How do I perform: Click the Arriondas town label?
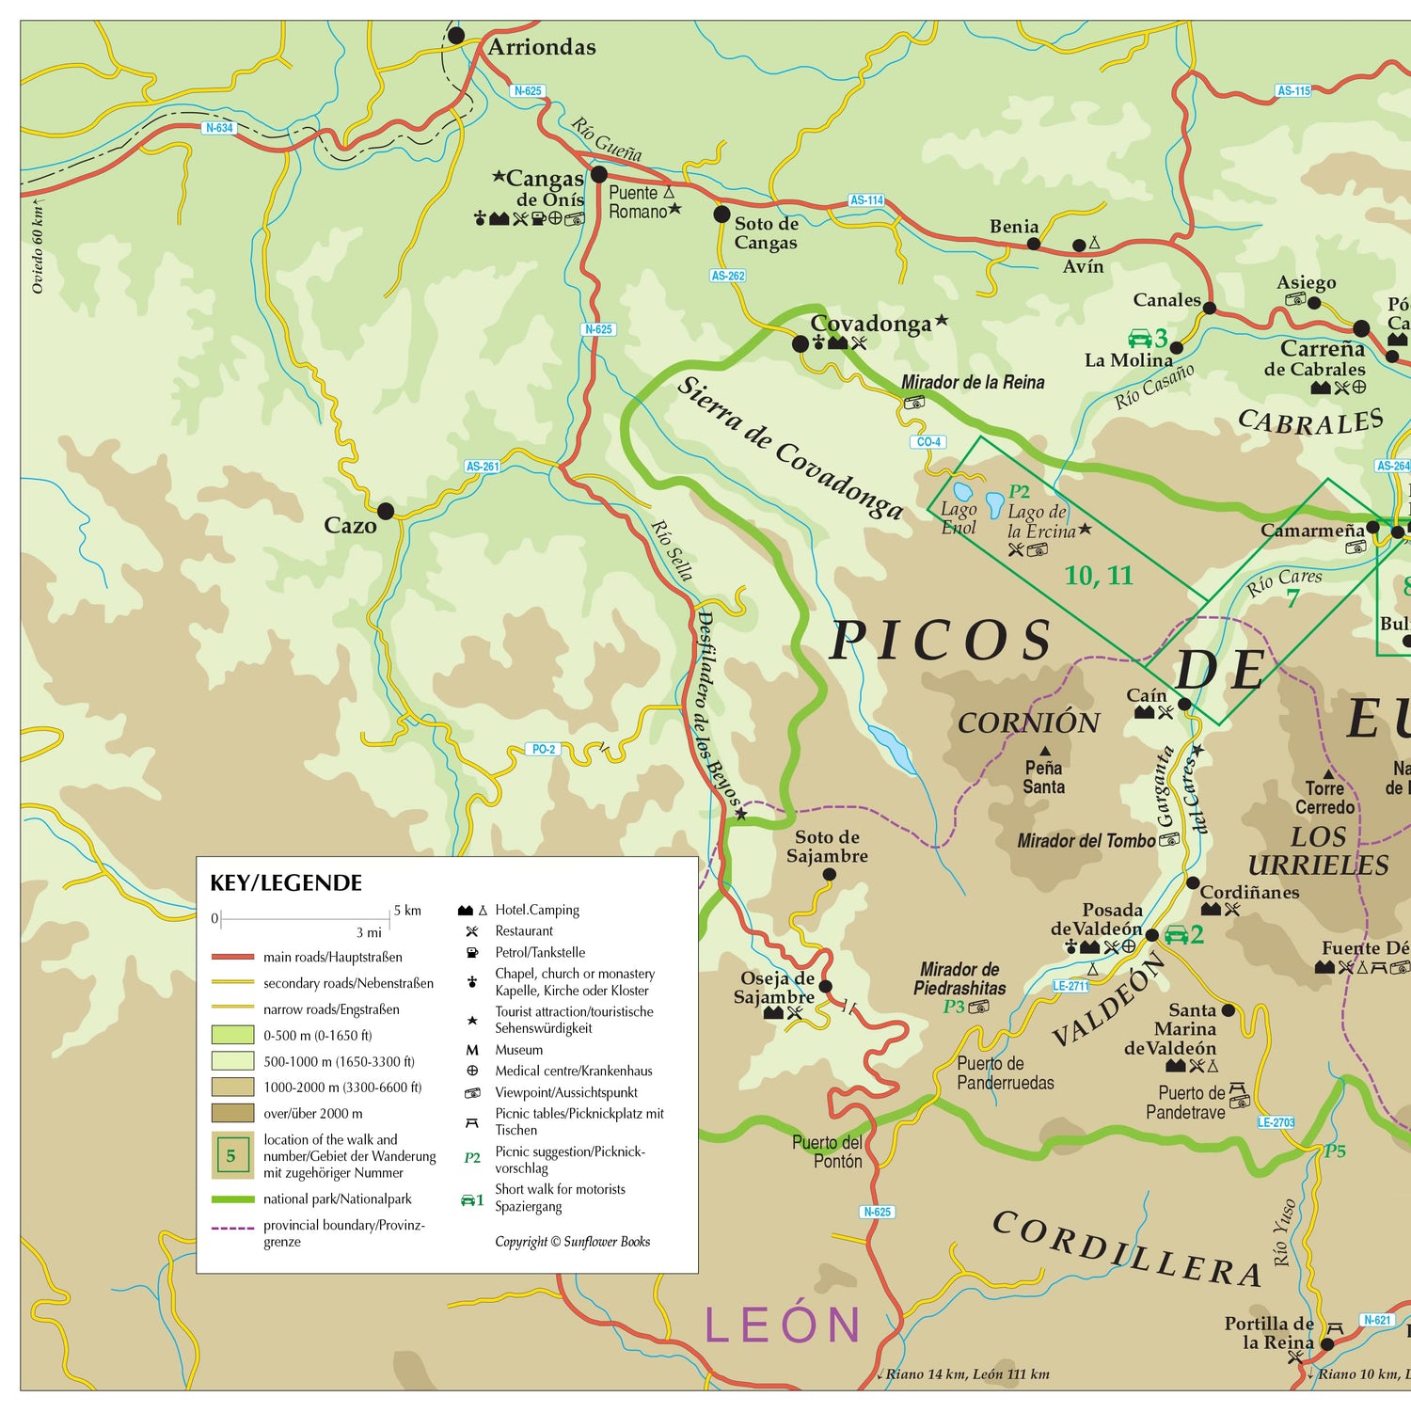coord(541,47)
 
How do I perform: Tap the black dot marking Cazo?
coord(386,512)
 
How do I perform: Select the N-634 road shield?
coord(218,128)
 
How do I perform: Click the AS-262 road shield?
coord(728,276)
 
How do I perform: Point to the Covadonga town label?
coord(870,324)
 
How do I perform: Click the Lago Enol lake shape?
coord(962,491)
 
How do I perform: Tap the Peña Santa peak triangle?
coord(1044,751)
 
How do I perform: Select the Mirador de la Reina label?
coord(973,382)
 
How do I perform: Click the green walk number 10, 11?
coord(1098,576)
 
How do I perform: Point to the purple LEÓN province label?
coord(783,1325)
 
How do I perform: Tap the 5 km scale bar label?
coord(407,911)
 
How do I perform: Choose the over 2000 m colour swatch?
coord(232,1114)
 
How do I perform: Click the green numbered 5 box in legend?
coord(231,1155)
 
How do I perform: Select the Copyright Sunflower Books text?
coord(572,1242)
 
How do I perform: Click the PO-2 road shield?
coord(544,750)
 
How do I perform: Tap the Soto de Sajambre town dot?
coord(829,875)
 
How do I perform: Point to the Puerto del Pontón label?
coord(827,1151)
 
